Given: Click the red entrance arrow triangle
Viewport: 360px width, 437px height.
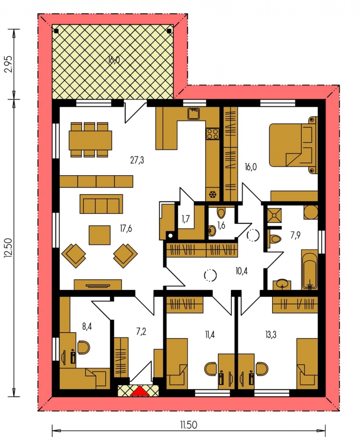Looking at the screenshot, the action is (140, 390).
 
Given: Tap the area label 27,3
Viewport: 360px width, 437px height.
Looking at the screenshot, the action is (137, 160).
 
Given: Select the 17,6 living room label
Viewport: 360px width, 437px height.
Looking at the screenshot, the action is (126, 229).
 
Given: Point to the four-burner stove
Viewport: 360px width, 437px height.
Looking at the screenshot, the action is (212, 134).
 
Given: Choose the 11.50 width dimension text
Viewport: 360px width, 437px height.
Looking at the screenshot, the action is (189, 425).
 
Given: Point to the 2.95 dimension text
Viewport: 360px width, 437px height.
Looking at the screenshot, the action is (8, 65).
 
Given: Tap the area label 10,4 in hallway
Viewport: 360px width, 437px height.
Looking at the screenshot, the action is (242, 271).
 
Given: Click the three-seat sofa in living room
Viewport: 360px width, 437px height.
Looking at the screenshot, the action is (101, 204).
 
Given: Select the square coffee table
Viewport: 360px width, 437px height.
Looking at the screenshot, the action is (99, 235).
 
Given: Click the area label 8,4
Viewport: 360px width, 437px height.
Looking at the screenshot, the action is (87, 326).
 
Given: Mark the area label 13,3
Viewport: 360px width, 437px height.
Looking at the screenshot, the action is (271, 335).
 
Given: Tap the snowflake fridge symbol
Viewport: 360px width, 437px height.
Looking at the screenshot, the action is (213, 194).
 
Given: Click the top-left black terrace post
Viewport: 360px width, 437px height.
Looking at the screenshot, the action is (56, 31).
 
